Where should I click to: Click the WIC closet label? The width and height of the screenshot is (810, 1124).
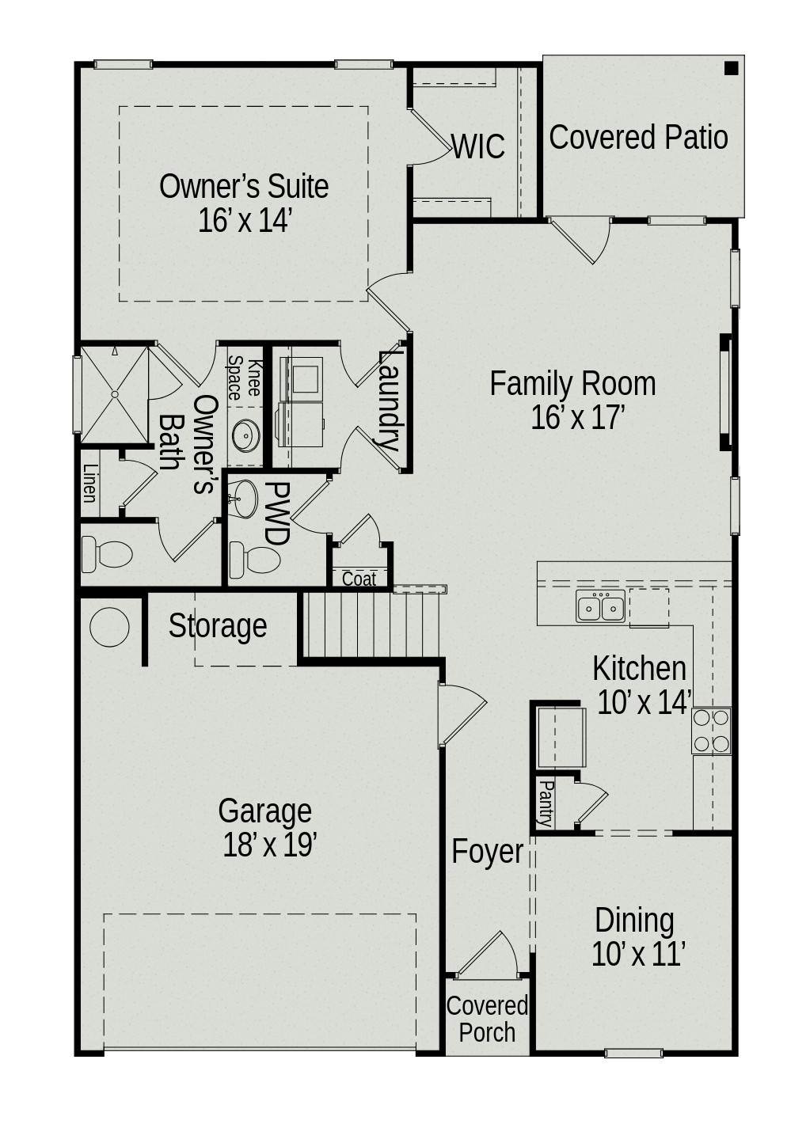(x=478, y=147)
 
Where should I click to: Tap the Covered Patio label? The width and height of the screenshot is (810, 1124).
(x=638, y=137)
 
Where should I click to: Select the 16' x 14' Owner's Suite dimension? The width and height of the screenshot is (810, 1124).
(x=245, y=221)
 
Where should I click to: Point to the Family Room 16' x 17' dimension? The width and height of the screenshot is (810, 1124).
(x=578, y=417)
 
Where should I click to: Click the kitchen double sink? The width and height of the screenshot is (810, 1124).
(x=600, y=606)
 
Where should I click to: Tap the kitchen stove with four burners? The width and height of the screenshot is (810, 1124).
(x=711, y=731)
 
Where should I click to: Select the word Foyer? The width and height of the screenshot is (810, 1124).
(x=487, y=852)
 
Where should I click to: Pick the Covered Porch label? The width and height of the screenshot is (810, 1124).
(x=487, y=1020)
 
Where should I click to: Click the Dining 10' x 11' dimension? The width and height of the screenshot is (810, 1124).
(x=637, y=955)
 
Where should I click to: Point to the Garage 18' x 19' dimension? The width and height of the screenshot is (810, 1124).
(x=269, y=845)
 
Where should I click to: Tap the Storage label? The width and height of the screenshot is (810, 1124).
(x=218, y=626)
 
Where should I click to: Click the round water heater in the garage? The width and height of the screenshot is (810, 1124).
(x=109, y=628)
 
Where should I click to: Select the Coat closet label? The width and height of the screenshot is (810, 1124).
(x=359, y=579)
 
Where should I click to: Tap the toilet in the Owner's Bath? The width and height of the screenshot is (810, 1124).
(x=107, y=554)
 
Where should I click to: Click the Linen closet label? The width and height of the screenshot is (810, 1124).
(x=89, y=483)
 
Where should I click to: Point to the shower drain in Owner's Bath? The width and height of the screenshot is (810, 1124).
(x=115, y=393)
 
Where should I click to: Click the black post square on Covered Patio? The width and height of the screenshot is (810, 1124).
(x=731, y=68)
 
